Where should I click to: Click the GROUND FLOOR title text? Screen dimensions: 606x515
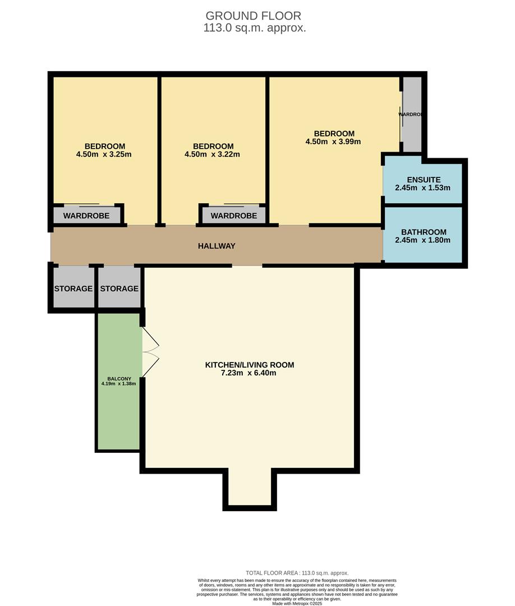[254, 16]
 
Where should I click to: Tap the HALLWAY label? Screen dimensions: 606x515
[217, 246]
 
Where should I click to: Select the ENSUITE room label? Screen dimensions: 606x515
[424, 180]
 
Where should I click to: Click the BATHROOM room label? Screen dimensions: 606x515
[424, 232]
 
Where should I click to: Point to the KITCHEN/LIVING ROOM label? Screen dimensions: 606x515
[249, 365]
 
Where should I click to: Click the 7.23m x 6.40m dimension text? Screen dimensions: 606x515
[249, 373]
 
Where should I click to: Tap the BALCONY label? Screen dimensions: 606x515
[118, 379]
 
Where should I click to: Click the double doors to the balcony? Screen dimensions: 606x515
[150, 352]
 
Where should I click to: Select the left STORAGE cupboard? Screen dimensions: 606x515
[73, 288]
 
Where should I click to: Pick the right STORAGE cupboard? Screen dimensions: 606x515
[119, 288]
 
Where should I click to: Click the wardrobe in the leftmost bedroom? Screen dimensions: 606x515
[86, 215]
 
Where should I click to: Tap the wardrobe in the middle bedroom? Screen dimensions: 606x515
[233, 215]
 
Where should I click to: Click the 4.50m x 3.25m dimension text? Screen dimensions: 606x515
[104, 154]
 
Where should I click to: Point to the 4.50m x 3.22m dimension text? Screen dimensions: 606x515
[212, 154]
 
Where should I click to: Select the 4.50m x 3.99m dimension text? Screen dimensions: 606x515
[333, 141]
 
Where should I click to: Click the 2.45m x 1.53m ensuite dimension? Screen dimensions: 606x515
[422, 188]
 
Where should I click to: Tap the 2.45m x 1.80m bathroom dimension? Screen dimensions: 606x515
[422, 240]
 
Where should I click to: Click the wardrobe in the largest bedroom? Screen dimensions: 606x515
[412, 115]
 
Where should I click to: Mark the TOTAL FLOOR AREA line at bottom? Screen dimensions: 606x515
[297, 573]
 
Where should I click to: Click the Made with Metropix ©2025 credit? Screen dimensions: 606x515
[297, 603]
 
